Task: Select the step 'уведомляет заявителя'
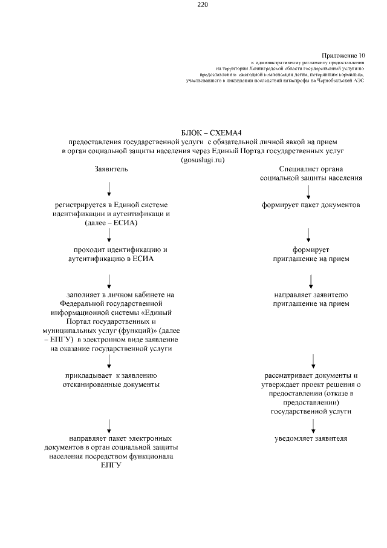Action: click(x=311, y=438)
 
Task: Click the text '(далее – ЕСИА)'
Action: click(x=111, y=223)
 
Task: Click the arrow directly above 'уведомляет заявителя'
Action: click(x=313, y=424)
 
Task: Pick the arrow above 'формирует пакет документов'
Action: click(x=309, y=192)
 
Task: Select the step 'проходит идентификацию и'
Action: click(x=120, y=249)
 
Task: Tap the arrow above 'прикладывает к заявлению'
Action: click(x=109, y=361)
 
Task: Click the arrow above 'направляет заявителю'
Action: click(x=311, y=280)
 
